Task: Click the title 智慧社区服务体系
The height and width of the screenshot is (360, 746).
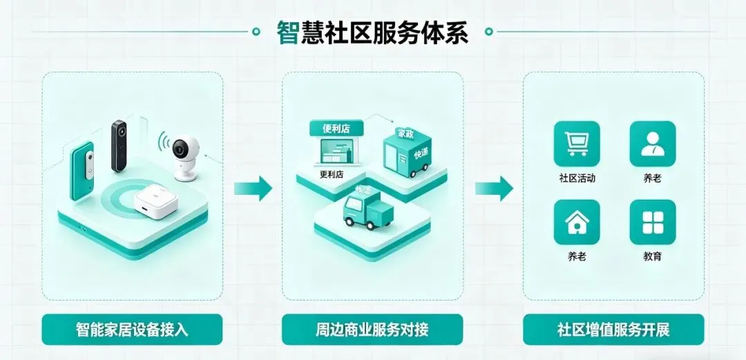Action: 372,32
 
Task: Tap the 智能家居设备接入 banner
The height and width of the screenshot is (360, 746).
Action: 132,329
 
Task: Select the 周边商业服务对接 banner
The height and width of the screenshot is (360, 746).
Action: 372,329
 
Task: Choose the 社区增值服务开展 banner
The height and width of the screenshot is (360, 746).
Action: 613,329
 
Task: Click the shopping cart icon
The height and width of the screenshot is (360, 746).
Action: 577,144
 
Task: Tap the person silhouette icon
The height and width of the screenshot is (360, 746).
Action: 652,144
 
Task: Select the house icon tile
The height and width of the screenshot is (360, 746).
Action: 577,222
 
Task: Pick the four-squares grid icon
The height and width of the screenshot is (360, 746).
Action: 652,222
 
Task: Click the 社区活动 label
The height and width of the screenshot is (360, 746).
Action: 577,178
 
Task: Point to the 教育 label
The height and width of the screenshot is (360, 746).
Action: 652,256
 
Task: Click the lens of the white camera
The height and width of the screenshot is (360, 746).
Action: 182,147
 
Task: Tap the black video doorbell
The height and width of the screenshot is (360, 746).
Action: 119,146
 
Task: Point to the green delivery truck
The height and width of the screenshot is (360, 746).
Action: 368,211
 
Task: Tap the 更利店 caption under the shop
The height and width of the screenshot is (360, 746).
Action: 332,174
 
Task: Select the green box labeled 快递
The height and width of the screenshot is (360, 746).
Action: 408,153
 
